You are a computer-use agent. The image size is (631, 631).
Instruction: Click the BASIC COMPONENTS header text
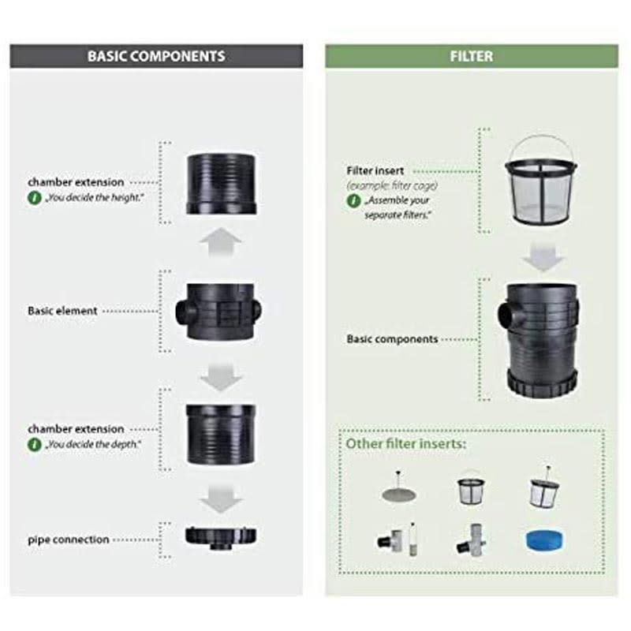click(156, 56)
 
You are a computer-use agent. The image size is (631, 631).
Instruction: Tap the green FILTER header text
click(471, 56)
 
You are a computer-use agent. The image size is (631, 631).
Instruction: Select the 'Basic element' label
click(62, 311)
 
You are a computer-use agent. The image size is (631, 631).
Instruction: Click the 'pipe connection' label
click(69, 540)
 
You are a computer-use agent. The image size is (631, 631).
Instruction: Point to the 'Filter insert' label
click(375, 170)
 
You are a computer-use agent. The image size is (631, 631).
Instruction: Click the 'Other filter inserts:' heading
click(405, 443)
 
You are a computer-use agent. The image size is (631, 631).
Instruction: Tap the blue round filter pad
click(544, 540)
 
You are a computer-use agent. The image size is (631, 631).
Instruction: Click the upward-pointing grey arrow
click(220, 241)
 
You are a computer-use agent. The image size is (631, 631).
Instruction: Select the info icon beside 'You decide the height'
click(34, 198)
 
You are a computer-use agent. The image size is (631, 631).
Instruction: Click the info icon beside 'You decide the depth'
click(34, 445)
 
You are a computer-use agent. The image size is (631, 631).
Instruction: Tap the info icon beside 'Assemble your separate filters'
click(353, 200)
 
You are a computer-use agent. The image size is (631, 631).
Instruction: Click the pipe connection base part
click(221, 538)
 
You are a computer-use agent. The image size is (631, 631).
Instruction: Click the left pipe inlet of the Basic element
click(185, 311)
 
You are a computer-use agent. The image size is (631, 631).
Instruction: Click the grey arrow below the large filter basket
click(543, 256)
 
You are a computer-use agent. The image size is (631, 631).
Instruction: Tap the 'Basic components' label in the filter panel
click(392, 339)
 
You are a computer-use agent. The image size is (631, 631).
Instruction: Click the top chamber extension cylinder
click(221, 184)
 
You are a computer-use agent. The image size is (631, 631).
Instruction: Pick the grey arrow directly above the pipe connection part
click(221, 499)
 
